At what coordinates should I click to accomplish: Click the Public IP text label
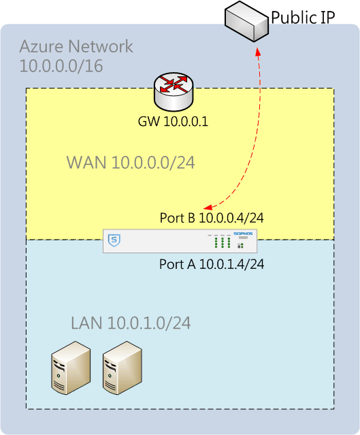click(303, 17)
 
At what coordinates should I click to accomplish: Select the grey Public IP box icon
click(246, 21)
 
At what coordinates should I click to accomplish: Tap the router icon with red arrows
click(174, 92)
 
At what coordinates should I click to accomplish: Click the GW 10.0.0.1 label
click(173, 121)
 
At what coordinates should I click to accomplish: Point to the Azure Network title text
click(76, 46)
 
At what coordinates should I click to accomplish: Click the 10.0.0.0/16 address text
click(61, 66)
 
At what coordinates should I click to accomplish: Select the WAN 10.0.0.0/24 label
click(131, 162)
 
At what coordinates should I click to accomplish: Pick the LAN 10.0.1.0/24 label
click(131, 323)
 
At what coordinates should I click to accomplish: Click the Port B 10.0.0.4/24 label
click(212, 218)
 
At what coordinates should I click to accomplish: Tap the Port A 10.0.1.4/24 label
click(212, 264)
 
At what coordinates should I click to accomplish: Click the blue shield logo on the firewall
click(114, 240)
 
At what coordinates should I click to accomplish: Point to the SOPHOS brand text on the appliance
click(243, 233)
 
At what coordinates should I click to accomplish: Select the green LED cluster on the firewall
click(223, 242)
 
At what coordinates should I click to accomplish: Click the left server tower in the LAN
click(71, 368)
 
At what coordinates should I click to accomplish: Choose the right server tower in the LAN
click(122, 368)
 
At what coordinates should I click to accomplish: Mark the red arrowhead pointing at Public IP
click(258, 52)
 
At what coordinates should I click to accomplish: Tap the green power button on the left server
click(59, 376)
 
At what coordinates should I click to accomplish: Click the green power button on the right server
click(110, 376)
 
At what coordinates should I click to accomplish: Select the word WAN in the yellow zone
click(86, 162)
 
